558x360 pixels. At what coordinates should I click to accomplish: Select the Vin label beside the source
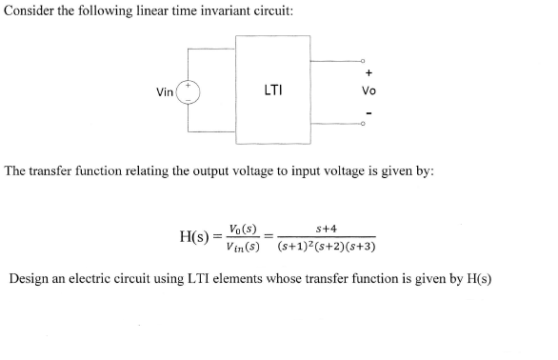click(165, 92)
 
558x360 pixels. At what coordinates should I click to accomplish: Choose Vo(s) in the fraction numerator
click(244, 229)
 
